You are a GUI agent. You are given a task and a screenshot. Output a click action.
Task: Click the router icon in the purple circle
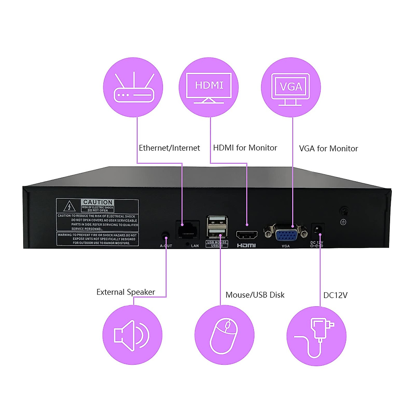133,87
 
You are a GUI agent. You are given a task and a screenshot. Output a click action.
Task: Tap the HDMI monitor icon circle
209,87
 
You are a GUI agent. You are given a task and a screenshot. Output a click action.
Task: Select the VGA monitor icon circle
291,87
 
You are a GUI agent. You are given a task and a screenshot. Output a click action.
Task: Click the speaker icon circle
132,335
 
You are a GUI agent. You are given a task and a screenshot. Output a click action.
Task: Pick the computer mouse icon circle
224,335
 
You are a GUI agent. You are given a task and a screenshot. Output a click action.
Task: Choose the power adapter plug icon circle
316,336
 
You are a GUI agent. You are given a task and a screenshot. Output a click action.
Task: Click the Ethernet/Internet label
169,148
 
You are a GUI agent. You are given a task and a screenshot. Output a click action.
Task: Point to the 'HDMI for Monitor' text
245,148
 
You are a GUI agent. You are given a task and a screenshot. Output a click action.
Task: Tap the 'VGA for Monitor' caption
328,148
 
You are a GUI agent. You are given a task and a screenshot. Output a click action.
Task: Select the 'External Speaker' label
126,292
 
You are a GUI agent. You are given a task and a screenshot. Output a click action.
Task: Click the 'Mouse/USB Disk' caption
255,295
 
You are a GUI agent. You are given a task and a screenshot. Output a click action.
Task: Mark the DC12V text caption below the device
335,295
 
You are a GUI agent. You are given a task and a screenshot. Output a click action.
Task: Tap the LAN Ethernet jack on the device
188,230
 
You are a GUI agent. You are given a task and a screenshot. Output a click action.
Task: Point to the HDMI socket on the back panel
247,235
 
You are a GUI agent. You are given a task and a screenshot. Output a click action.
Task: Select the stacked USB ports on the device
217,227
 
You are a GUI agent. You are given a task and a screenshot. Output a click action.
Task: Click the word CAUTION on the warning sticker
98,202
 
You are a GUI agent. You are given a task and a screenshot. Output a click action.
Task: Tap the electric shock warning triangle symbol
70,206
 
